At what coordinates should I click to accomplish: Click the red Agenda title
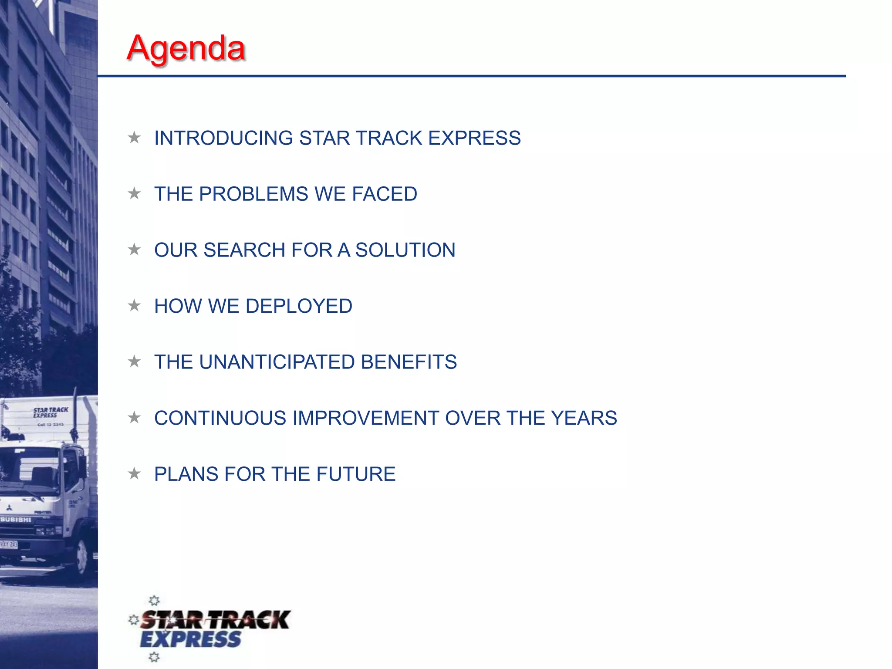(x=186, y=48)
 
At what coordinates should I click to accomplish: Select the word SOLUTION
(x=405, y=250)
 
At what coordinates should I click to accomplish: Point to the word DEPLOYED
(x=299, y=306)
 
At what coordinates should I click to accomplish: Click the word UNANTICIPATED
(x=277, y=362)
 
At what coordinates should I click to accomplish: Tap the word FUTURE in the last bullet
(x=356, y=474)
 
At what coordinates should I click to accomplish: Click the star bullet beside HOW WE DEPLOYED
(x=134, y=306)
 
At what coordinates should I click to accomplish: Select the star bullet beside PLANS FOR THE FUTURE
(x=134, y=473)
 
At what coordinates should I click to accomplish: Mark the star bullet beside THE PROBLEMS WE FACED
(x=134, y=193)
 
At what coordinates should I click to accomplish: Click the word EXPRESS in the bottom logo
(x=190, y=639)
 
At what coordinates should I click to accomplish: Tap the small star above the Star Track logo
(x=154, y=601)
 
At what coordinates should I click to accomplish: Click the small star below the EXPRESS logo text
(x=154, y=657)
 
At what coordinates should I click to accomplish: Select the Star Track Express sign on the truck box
(x=51, y=412)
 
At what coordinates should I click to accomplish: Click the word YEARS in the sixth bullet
(x=584, y=418)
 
